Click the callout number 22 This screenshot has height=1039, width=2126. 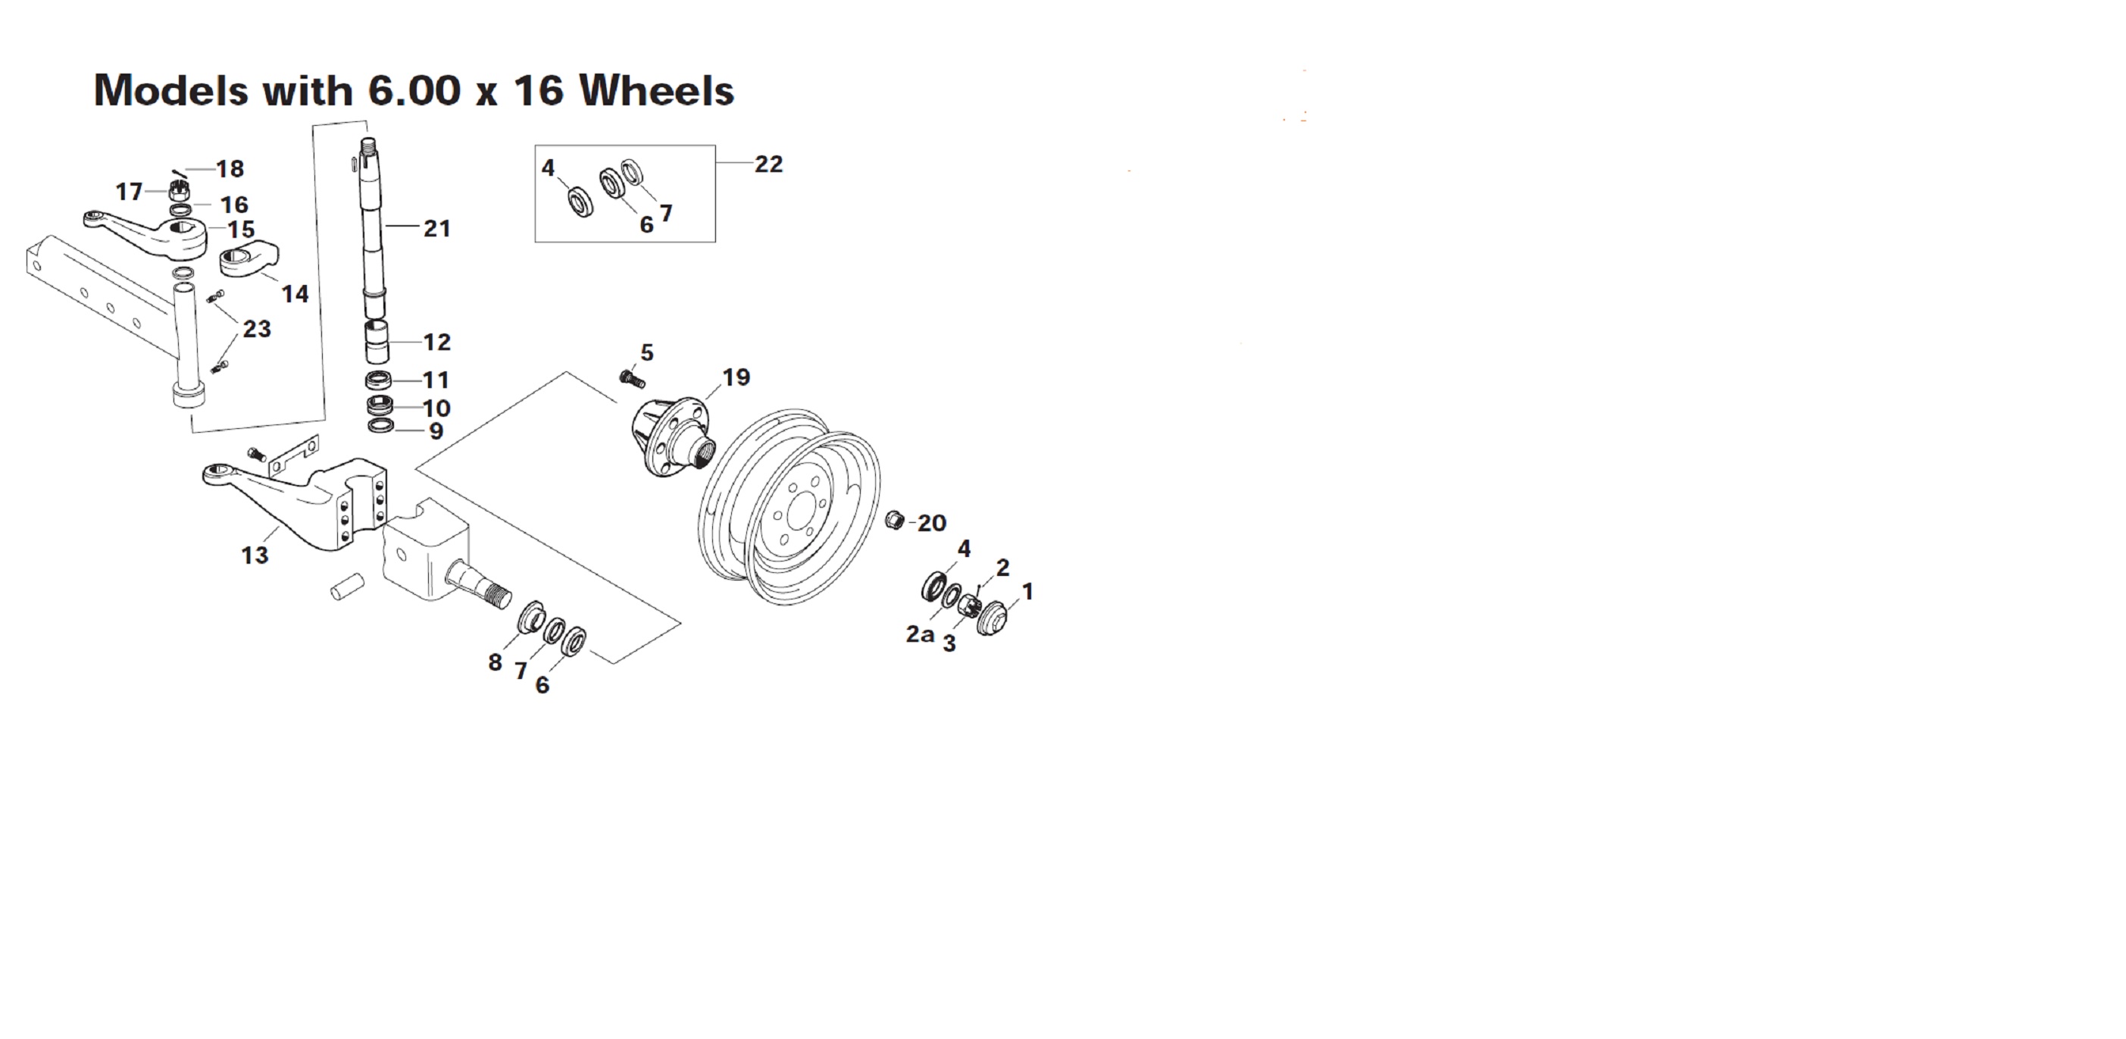768,164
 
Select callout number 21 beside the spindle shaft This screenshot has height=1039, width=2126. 436,229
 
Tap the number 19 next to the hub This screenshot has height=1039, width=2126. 736,377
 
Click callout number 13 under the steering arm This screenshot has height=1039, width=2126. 255,555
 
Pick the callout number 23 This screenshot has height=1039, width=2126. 257,329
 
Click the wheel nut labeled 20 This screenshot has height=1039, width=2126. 895,521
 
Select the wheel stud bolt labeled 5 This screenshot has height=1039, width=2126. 631,380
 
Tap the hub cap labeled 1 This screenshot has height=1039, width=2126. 993,619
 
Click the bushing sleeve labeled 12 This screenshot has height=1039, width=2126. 377,342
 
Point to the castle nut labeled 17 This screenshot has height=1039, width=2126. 179,192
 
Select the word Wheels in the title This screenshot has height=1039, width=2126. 656,90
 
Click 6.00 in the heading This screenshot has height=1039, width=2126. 414,90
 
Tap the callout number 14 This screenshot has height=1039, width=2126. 295,294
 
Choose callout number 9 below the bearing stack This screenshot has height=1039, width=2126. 436,430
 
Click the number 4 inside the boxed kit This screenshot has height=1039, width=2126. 548,168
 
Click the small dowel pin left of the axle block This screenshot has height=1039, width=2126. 348,587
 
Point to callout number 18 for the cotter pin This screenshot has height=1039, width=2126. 230,169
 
